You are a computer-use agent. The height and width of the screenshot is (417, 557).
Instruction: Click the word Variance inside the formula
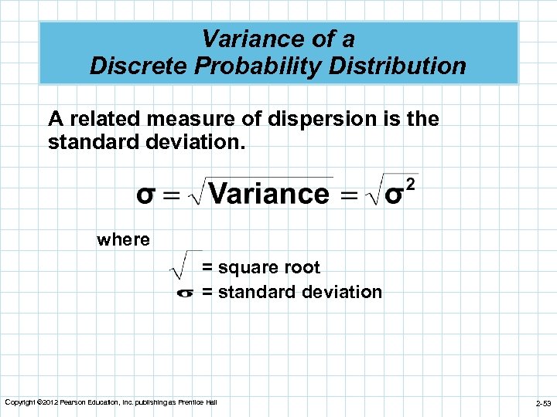[x=269, y=193]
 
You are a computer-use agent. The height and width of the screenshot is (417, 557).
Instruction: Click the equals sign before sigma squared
[x=350, y=195]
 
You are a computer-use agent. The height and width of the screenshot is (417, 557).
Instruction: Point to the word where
[x=123, y=239]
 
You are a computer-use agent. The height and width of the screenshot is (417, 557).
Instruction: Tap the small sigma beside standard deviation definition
[x=185, y=293]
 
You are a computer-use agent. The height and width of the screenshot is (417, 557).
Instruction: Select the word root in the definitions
[x=303, y=267]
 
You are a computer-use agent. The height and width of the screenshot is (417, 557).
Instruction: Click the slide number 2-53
[x=543, y=403]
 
